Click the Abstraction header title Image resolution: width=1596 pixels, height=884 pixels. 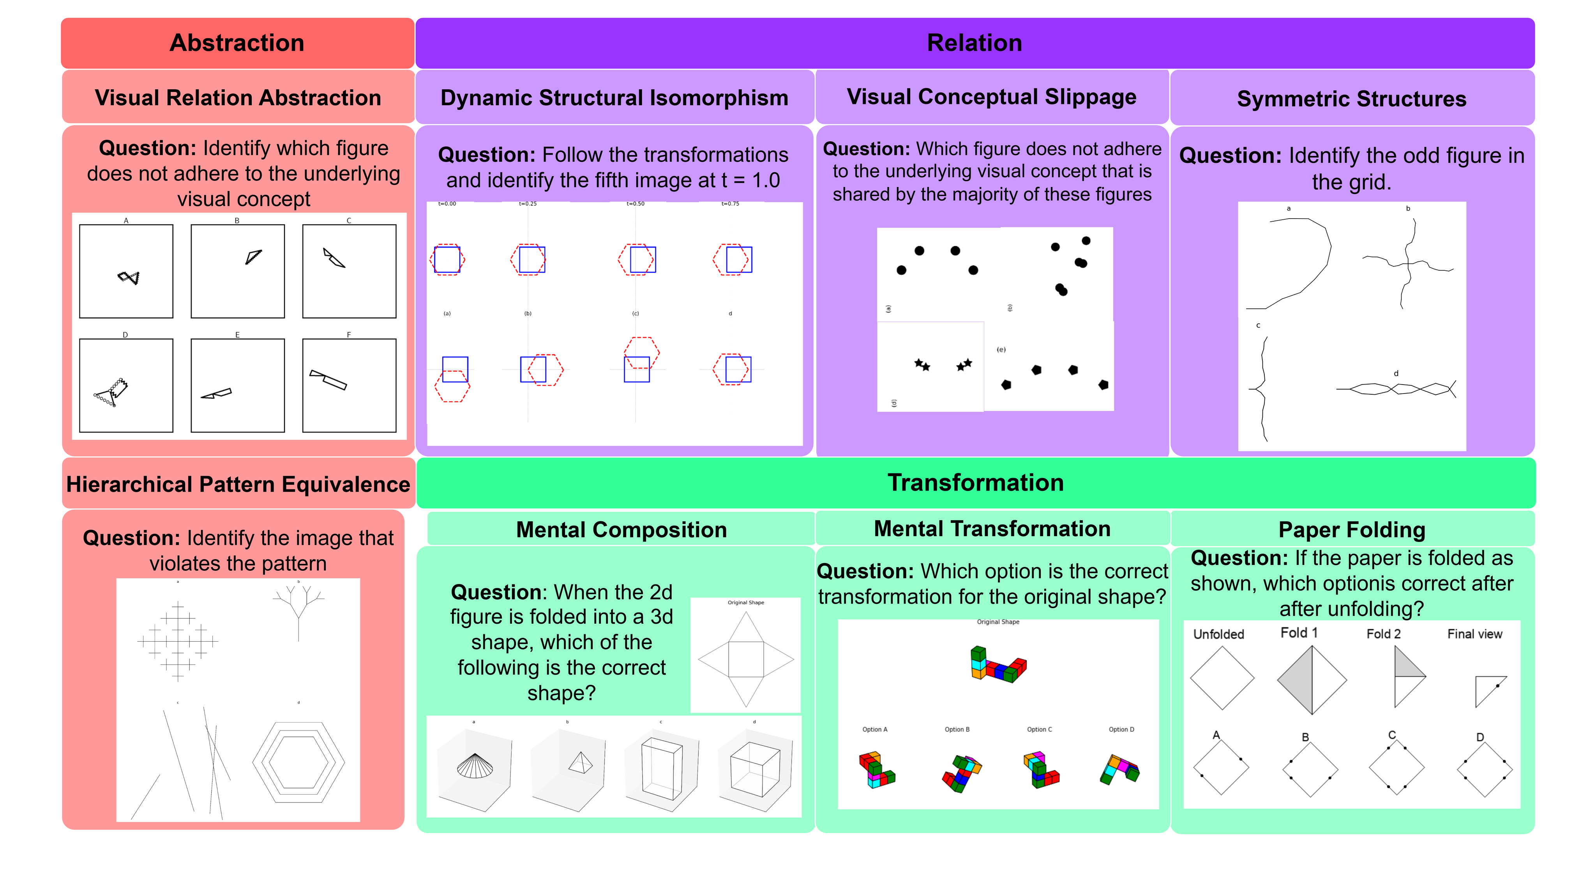[237, 43]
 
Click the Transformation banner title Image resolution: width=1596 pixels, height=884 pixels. [975, 483]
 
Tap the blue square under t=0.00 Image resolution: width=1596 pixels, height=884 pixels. [447, 259]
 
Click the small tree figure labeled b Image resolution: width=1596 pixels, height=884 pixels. [298, 610]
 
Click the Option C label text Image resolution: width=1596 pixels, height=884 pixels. [1039, 730]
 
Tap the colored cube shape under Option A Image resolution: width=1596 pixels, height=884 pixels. [876, 769]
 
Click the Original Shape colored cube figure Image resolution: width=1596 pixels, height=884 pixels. [997, 665]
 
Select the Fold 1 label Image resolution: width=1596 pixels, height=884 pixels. [1299, 632]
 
